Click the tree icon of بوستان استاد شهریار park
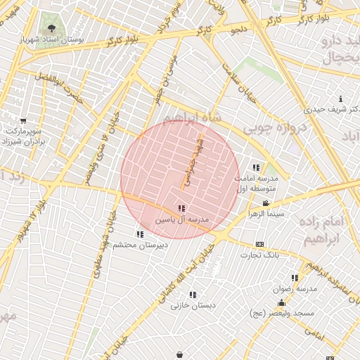51,29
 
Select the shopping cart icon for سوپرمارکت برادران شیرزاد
23,120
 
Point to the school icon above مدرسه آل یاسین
181,208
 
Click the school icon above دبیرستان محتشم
140,234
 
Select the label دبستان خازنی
193,306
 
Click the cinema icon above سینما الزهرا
265,202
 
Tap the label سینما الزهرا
265,212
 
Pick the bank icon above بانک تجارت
260,244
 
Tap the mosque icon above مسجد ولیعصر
281,302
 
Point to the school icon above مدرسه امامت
256,167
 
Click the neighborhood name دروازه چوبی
274,131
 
